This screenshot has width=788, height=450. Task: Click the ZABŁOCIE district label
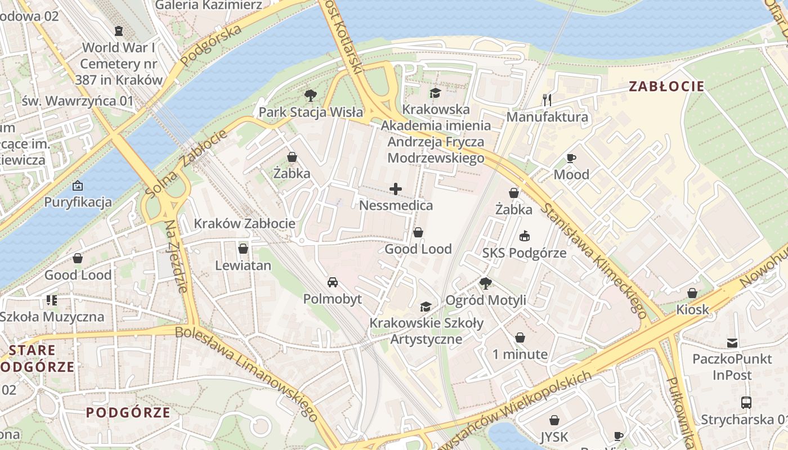(666, 86)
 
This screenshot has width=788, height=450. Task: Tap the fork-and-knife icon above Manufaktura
(547, 100)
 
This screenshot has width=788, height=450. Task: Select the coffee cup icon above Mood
(571, 158)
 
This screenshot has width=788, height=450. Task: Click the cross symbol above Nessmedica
(396, 188)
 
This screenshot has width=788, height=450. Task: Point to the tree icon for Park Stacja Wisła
(310, 96)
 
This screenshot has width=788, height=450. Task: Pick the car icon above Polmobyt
(333, 282)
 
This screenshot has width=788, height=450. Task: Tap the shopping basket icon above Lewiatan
(243, 248)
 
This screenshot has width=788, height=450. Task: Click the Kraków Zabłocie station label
(244, 223)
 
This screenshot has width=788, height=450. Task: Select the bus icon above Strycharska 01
(746, 402)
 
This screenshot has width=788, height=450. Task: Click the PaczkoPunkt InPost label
(732, 367)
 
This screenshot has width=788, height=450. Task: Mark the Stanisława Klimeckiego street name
(593, 260)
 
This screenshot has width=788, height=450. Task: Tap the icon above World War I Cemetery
(119, 30)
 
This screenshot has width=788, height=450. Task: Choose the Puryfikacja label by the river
(78, 202)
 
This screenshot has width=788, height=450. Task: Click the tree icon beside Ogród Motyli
(485, 283)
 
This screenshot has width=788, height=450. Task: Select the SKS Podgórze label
(524, 253)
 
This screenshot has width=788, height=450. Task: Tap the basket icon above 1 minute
(520, 337)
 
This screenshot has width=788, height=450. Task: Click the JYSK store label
(554, 436)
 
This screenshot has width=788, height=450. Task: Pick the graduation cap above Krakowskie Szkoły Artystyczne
(426, 307)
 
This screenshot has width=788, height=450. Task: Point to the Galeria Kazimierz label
(208, 5)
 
